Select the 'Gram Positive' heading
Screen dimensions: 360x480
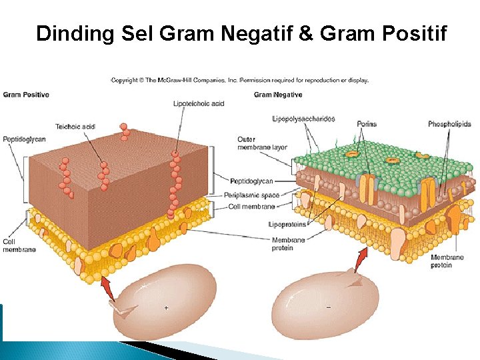pyautogui.click(x=26, y=95)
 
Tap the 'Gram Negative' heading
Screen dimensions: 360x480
pyautogui.click(x=278, y=95)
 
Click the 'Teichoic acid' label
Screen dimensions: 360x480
pyautogui.click(x=75, y=126)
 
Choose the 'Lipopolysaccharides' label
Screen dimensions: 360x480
pyautogui.click(x=303, y=119)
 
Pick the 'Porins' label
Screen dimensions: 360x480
pyautogui.click(x=367, y=124)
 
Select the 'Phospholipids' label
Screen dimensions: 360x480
pyautogui.click(x=449, y=124)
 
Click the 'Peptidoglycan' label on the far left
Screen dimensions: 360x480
pyautogui.click(x=24, y=139)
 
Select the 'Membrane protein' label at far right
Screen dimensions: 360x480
pyautogui.click(x=446, y=261)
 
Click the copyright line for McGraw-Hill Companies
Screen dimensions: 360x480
pyautogui.click(x=239, y=81)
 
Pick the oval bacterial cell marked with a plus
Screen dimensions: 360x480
pyautogui.click(x=164, y=301)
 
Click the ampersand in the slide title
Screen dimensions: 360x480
pyautogui.click(x=306, y=33)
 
